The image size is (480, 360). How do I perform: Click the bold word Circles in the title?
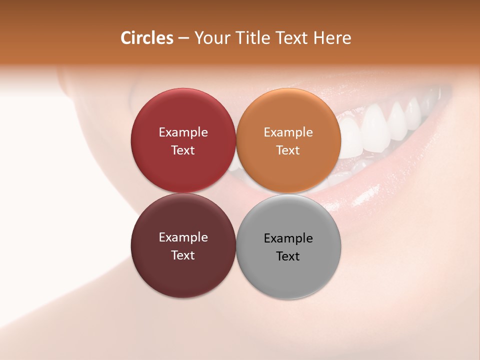coord(146,38)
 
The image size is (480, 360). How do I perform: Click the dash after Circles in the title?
coord(183,38)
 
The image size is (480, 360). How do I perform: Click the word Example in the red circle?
coord(183,132)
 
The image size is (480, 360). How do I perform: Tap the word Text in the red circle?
coord(183,150)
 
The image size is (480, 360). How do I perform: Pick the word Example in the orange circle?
coord(288,132)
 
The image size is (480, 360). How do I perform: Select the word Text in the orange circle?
coord(288,150)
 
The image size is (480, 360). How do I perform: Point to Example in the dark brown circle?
coord(183,237)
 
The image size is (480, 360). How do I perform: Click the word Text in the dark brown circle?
coord(183,255)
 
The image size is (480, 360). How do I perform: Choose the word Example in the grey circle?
coord(288,238)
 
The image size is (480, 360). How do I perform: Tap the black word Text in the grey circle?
coord(288,256)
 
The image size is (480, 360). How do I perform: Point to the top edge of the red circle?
coord(183,89)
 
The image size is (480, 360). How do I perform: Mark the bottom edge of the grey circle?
coord(288,298)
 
